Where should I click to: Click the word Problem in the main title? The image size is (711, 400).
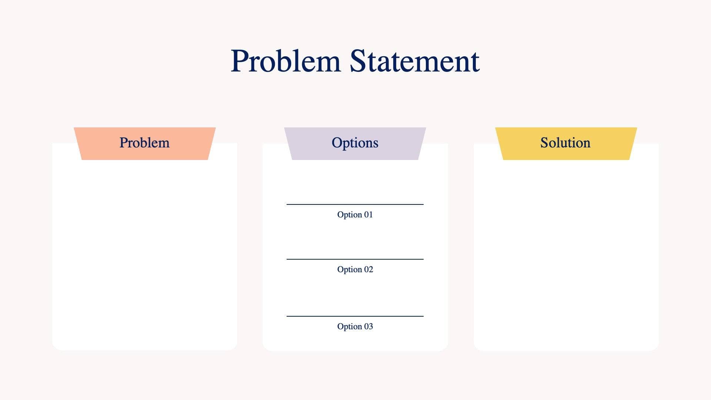[285, 61]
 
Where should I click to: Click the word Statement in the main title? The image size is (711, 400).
[414, 61]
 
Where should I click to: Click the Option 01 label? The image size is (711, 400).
[355, 215]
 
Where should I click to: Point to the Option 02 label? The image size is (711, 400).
[355, 270]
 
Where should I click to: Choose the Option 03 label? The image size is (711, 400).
[355, 327]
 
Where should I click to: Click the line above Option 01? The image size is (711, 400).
[355, 204]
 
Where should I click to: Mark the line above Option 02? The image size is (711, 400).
[355, 259]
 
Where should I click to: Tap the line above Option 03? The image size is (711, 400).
[355, 316]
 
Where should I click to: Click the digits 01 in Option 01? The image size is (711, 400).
[368, 215]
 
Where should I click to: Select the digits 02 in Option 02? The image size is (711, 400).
[368, 270]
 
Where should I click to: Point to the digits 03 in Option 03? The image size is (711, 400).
[368, 327]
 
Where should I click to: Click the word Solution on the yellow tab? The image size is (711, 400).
[565, 143]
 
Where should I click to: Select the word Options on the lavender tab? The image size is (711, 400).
[355, 143]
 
